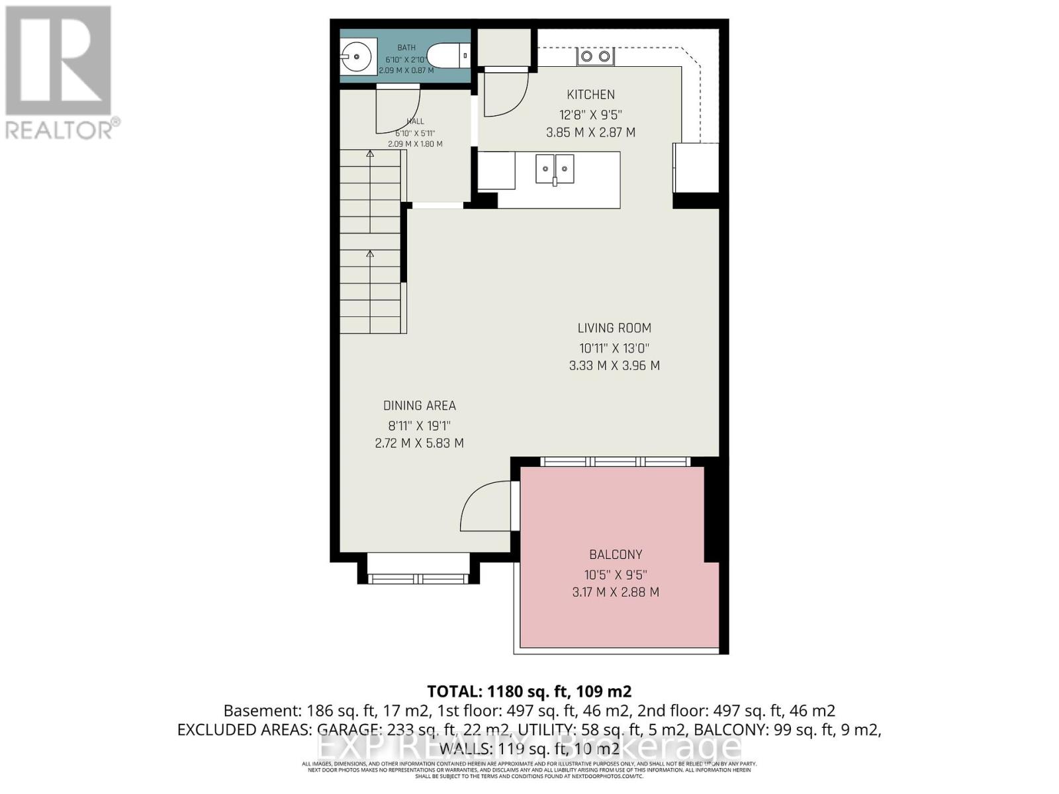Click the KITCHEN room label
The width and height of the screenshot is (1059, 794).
(590, 95)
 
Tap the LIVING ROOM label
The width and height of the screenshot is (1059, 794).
(614, 328)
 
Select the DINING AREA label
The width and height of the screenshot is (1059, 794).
(419, 406)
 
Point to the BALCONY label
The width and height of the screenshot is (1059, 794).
(616, 554)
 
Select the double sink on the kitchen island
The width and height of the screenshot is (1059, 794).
(555, 169)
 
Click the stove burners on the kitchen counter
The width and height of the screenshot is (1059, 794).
(595, 57)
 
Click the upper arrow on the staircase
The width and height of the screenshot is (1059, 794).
(370, 154)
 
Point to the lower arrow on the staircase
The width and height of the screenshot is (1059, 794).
(370, 253)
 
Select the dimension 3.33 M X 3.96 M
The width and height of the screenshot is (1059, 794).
(614, 365)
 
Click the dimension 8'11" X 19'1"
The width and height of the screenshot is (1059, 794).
(419, 425)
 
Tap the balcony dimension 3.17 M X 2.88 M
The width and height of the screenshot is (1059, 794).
(616, 592)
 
